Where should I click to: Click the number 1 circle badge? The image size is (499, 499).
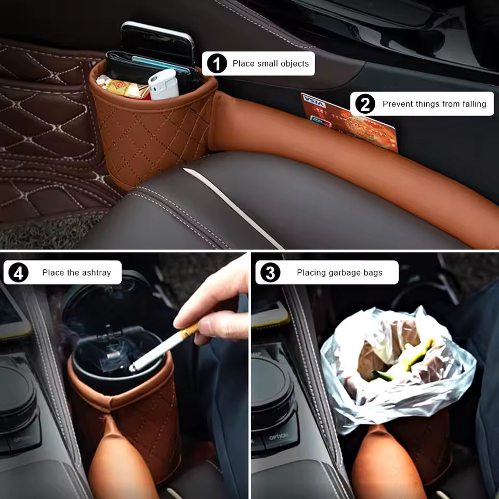coord(217,63)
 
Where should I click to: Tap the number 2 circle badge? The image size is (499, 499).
coord(365,104)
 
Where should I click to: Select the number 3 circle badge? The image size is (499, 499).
coord(270,273)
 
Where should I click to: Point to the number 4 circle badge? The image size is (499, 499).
coord(19,273)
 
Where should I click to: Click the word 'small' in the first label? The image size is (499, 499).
coord(268,63)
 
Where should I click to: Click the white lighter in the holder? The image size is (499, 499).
coord(163,84)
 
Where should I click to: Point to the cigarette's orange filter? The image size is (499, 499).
coord(188,331)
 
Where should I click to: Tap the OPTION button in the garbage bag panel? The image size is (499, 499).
coord(279,438)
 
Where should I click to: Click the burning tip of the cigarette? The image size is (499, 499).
coord(132,369)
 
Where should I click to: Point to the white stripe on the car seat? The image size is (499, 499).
coord(232,207)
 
